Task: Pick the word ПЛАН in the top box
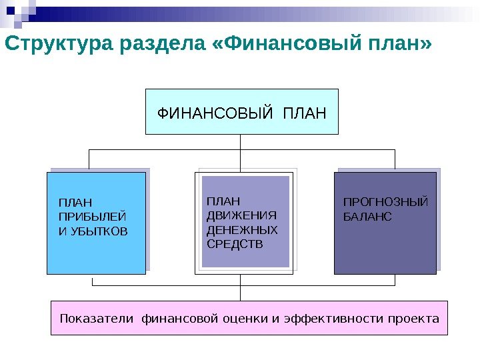click(x=305, y=112)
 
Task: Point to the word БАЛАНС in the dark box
click(x=367, y=217)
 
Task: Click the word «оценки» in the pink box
click(x=247, y=319)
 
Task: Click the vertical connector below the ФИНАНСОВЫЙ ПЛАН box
click(x=241, y=141)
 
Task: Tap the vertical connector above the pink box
click(x=241, y=293)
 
